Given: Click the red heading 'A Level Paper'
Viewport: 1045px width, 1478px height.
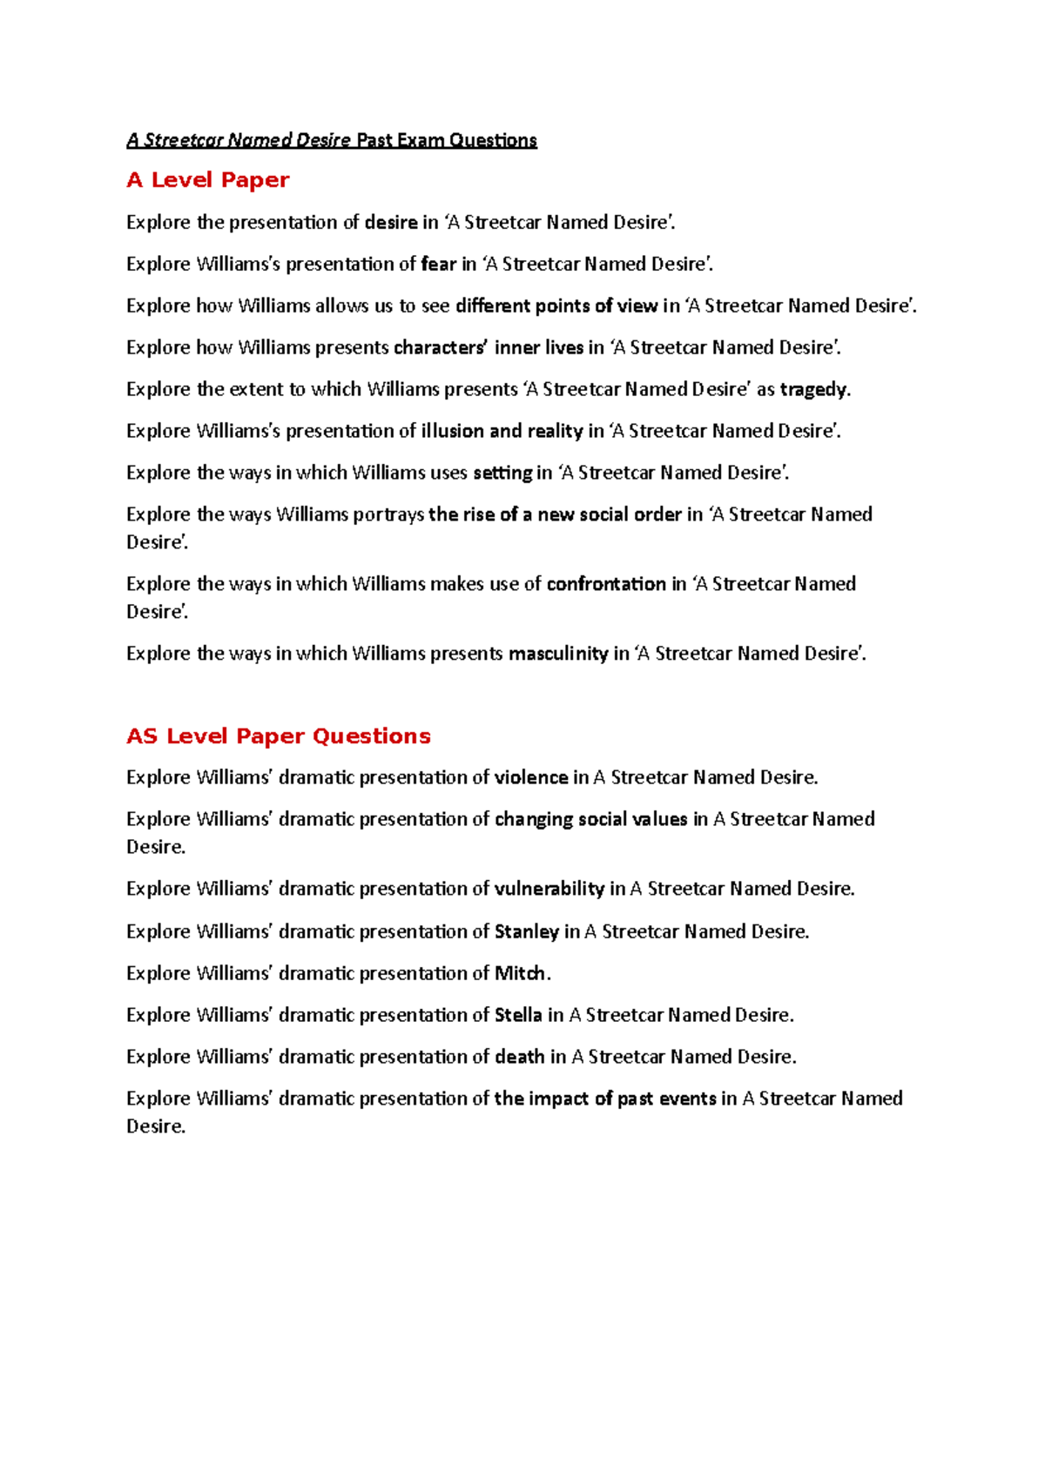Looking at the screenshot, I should coord(207,180).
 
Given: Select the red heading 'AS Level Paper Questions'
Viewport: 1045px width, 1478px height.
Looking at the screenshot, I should coord(278,736).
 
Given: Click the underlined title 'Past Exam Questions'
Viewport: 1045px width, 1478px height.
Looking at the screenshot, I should coord(446,140).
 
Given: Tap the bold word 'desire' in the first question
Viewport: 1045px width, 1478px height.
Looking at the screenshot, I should coord(390,223).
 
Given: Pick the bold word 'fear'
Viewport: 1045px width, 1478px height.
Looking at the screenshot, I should coord(438,265).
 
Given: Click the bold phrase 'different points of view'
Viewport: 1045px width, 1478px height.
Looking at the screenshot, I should coord(556,306).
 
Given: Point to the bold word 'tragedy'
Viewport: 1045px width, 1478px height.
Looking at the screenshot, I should coord(813,390).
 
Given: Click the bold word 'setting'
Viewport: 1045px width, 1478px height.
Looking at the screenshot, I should coord(502,474).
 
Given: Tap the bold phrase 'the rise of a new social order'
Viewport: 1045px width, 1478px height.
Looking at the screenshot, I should coord(555,515).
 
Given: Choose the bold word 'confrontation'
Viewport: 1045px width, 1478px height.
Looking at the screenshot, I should coord(606,584).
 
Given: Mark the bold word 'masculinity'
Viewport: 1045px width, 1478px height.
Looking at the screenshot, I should coord(558,654).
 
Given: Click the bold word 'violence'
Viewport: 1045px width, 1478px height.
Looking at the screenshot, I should coord(531,778).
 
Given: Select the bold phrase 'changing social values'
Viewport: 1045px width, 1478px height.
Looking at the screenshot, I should coord(591,820).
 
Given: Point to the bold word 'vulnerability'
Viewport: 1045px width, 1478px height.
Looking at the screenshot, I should coord(549,890).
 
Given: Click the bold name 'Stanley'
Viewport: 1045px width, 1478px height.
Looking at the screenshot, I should coord(527,932).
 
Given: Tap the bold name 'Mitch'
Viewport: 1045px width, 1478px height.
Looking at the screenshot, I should coord(520,974).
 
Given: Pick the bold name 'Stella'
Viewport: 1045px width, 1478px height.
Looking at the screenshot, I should coord(518,1016).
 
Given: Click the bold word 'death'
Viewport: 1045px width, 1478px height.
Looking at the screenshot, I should coord(520,1058).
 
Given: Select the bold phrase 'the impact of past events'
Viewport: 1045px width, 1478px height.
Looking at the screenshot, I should coord(605,1099).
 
